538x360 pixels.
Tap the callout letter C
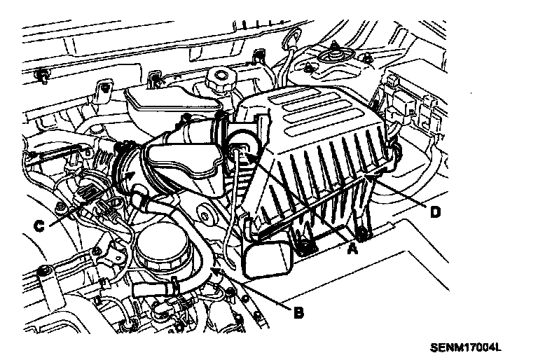[x=40, y=226]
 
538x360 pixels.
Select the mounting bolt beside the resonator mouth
[x=306, y=246]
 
